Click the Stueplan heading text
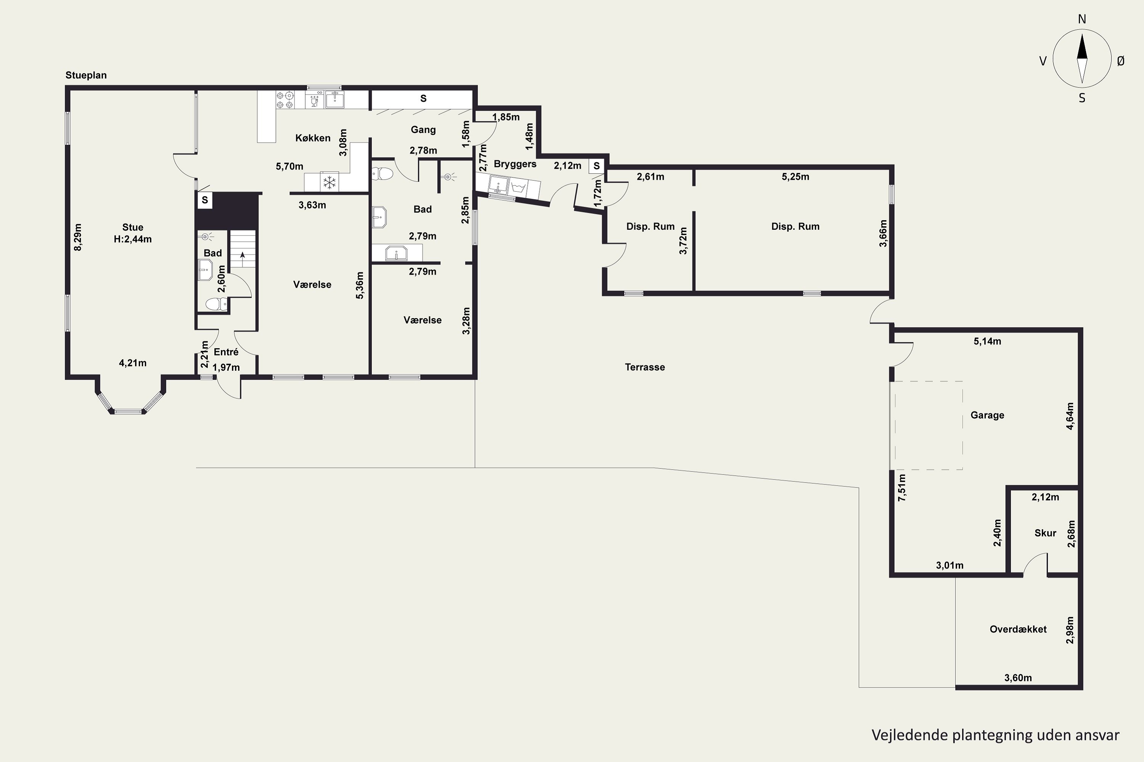click(86, 75)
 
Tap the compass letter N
click(1082, 19)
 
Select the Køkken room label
click(313, 138)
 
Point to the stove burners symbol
click(285, 99)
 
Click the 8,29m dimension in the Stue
click(78, 237)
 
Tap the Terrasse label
click(645, 367)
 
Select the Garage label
click(987, 415)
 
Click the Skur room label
click(1045, 533)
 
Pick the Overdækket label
click(1018, 629)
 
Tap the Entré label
click(226, 352)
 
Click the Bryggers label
click(515, 164)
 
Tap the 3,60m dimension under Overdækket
click(1018, 678)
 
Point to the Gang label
click(423, 130)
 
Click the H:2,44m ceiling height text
click(133, 239)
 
